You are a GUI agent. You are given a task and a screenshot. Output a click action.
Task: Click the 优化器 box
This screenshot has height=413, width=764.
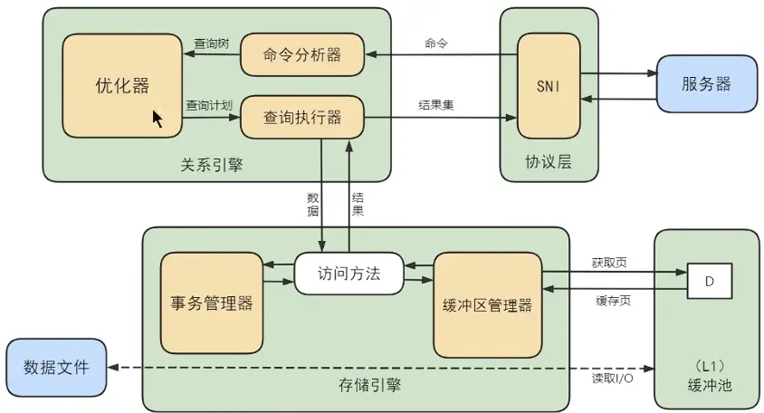tap(121, 85)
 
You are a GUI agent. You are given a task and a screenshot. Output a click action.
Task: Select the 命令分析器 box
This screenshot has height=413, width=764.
tap(301, 55)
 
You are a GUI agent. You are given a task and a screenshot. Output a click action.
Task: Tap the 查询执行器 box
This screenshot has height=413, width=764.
tap(301, 117)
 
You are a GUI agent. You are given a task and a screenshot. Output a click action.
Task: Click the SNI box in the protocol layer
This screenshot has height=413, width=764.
tap(547, 85)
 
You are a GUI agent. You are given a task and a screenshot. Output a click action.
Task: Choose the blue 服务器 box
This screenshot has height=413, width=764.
tap(705, 84)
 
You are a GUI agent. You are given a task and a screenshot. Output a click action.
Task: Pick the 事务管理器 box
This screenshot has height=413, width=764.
tap(211, 303)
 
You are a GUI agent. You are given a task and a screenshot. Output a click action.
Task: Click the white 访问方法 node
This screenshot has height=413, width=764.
tap(349, 273)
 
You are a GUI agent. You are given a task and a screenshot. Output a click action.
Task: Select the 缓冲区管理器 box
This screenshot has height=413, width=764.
tap(486, 305)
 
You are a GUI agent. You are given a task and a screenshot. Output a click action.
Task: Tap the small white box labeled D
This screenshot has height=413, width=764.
tap(709, 282)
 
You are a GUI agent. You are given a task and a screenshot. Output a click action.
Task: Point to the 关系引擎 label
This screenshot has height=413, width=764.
tap(212, 165)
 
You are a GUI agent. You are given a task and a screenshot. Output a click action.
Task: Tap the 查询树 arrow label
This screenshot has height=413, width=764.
tap(211, 43)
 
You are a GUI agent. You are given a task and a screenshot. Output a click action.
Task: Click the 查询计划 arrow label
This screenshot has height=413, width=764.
tap(210, 104)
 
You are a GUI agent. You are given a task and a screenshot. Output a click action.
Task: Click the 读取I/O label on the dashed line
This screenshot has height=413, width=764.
tap(613, 379)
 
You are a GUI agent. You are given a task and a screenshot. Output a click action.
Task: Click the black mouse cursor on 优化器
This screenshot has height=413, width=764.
tap(158, 119)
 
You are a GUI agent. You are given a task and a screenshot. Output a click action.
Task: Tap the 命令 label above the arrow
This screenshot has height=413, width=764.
tap(435, 43)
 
